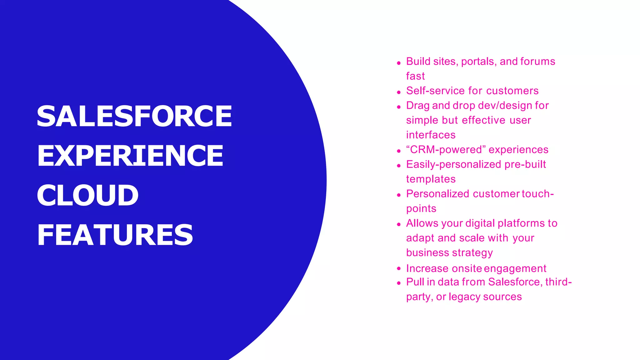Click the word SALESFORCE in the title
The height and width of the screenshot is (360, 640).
click(134, 116)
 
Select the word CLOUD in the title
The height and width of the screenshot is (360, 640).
click(87, 195)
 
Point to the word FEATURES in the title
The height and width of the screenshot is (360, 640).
click(115, 235)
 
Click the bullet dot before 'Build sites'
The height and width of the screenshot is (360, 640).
click(399, 63)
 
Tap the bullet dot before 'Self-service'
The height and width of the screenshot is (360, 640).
click(399, 92)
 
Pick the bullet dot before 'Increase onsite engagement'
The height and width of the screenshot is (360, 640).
click(399, 268)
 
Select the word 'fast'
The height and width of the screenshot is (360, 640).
click(415, 76)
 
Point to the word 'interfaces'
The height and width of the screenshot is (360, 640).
click(431, 135)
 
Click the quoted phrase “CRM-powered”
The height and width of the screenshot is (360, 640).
click(446, 150)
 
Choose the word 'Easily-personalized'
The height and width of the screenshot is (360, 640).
click(454, 165)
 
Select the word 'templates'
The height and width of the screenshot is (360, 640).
click(431, 179)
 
